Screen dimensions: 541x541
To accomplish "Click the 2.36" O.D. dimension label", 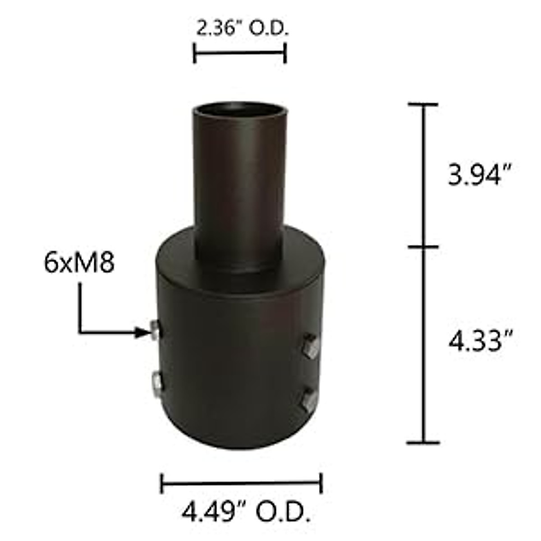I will (242, 30).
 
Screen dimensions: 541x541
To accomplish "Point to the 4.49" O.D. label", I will (246, 512).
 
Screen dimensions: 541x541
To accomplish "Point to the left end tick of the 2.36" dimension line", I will (194, 53).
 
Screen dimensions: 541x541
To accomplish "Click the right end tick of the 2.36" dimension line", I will (285, 53).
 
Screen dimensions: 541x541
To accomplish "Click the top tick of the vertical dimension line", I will (423, 105).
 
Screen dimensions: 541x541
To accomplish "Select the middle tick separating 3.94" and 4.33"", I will (423, 247).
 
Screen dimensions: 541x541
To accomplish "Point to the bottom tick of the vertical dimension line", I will (423, 443).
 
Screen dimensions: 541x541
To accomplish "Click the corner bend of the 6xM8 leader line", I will (80, 333).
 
